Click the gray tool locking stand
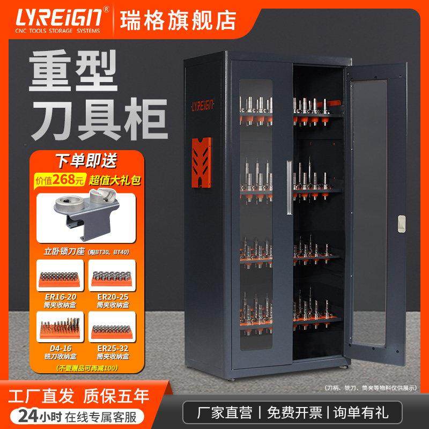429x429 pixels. (x=88, y=212)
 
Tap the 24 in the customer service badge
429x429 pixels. (x=26, y=415)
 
